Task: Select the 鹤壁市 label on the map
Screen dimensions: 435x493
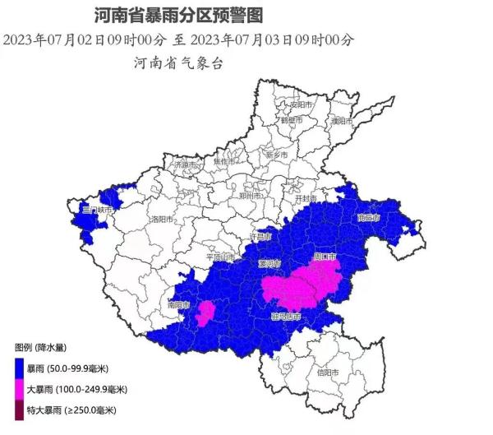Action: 293,120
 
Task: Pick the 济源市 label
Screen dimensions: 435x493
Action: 186,164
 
